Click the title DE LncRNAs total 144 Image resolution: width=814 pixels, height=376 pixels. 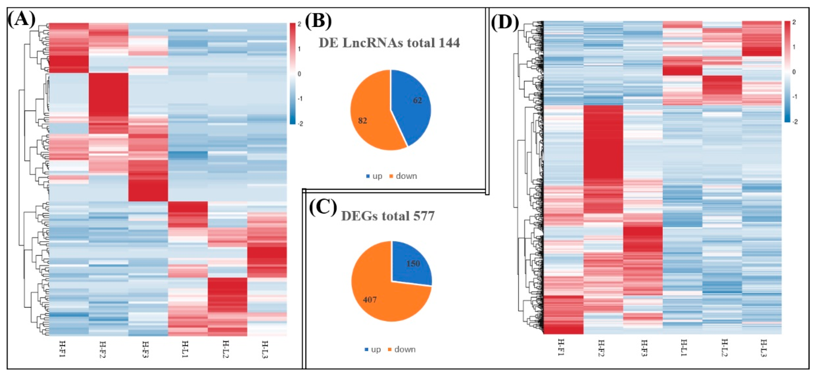389,43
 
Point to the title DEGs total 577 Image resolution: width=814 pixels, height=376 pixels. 388,216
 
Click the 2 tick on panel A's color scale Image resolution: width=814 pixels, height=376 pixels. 299,24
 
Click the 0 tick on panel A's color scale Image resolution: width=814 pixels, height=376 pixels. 299,74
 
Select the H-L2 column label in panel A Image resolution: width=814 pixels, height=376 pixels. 225,349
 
